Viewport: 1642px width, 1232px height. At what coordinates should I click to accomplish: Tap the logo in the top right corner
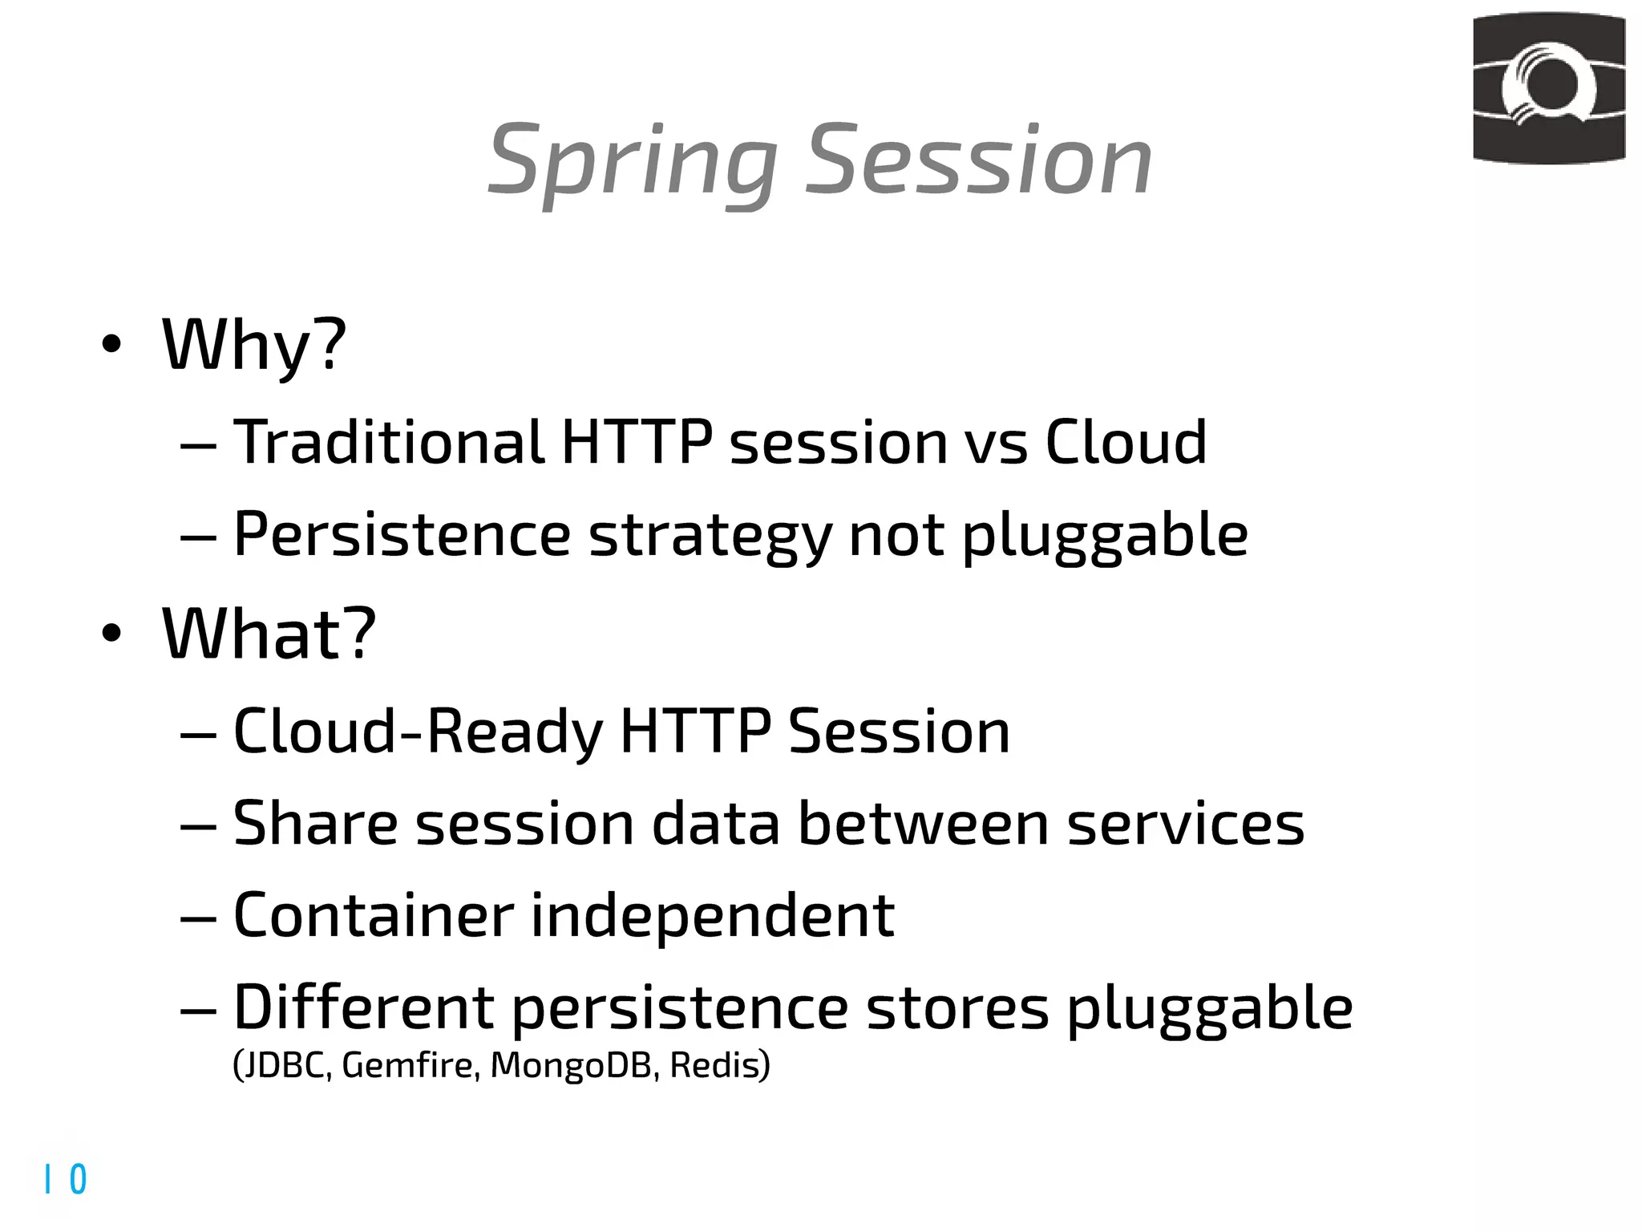(1548, 88)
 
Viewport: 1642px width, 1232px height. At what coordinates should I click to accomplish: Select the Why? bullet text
(254, 345)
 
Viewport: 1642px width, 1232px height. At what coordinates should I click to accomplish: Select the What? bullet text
(269, 634)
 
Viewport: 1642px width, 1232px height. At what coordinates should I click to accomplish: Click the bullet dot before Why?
(111, 345)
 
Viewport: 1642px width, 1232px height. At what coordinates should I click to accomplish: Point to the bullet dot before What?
(111, 634)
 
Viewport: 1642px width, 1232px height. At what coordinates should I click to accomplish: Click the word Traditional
(389, 442)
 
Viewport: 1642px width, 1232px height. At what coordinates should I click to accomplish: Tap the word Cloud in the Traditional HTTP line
(1126, 442)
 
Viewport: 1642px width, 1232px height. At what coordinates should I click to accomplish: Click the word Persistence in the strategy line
(402, 535)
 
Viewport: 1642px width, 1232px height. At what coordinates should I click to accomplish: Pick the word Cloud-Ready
(417, 731)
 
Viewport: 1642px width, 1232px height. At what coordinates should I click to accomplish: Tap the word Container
(373, 915)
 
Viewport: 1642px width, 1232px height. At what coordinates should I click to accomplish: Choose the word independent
(712, 917)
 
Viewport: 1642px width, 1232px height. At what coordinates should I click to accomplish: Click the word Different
(363, 1007)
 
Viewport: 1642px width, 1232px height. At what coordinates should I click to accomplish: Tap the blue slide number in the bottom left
(67, 1179)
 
